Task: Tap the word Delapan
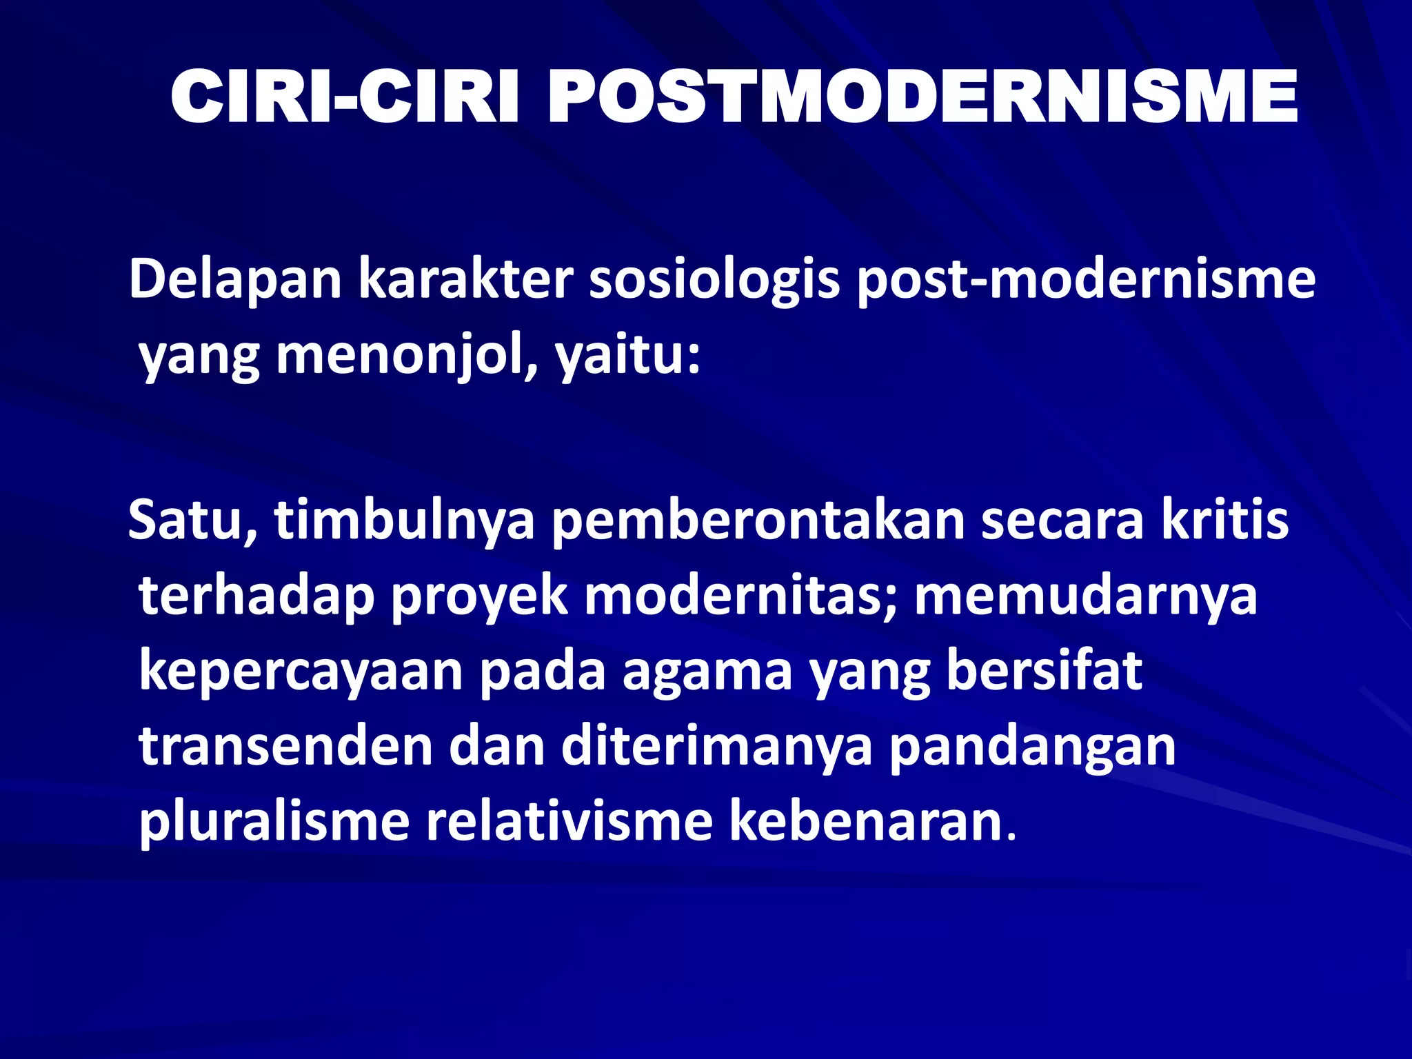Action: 235,279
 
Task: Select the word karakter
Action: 465,279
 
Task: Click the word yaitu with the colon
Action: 628,357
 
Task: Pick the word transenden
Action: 285,747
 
